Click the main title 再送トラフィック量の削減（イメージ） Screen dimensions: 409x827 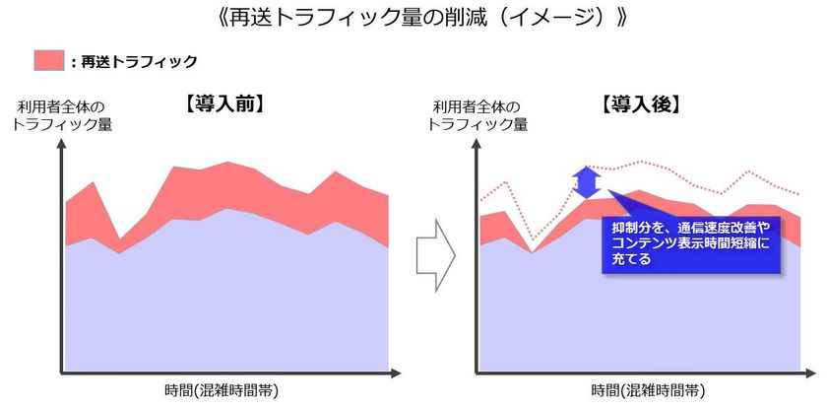[413, 18]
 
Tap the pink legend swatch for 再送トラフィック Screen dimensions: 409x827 [48, 60]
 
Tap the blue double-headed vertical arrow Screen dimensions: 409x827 [588, 183]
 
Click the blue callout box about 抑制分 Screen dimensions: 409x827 [688, 242]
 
